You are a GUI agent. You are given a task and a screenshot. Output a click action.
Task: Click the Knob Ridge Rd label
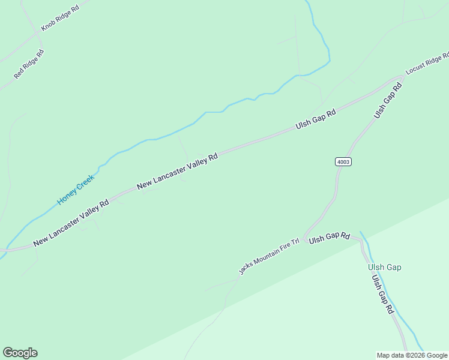(x=59, y=19)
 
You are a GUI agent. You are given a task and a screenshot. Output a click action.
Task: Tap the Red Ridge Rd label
(x=29, y=65)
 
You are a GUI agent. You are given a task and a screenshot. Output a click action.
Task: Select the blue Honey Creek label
(x=76, y=190)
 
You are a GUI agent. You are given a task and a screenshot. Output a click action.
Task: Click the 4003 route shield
(x=343, y=162)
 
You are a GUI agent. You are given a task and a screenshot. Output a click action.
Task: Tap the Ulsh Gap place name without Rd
(x=384, y=267)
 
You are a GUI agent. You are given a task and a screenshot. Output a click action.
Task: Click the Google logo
(x=20, y=353)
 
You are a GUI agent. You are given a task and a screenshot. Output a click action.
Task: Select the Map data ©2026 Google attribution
(x=412, y=355)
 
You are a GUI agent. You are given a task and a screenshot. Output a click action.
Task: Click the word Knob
(x=47, y=26)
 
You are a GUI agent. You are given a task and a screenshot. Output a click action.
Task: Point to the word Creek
(x=85, y=181)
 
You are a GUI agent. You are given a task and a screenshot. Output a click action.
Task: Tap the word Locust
(x=414, y=69)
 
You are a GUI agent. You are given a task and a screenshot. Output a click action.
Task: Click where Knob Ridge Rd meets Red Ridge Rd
(x=38, y=35)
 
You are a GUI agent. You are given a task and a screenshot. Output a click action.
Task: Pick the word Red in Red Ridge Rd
(x=19, y=74)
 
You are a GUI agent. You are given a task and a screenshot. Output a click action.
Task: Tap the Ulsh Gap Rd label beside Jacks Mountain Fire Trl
(x=329, y=237)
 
